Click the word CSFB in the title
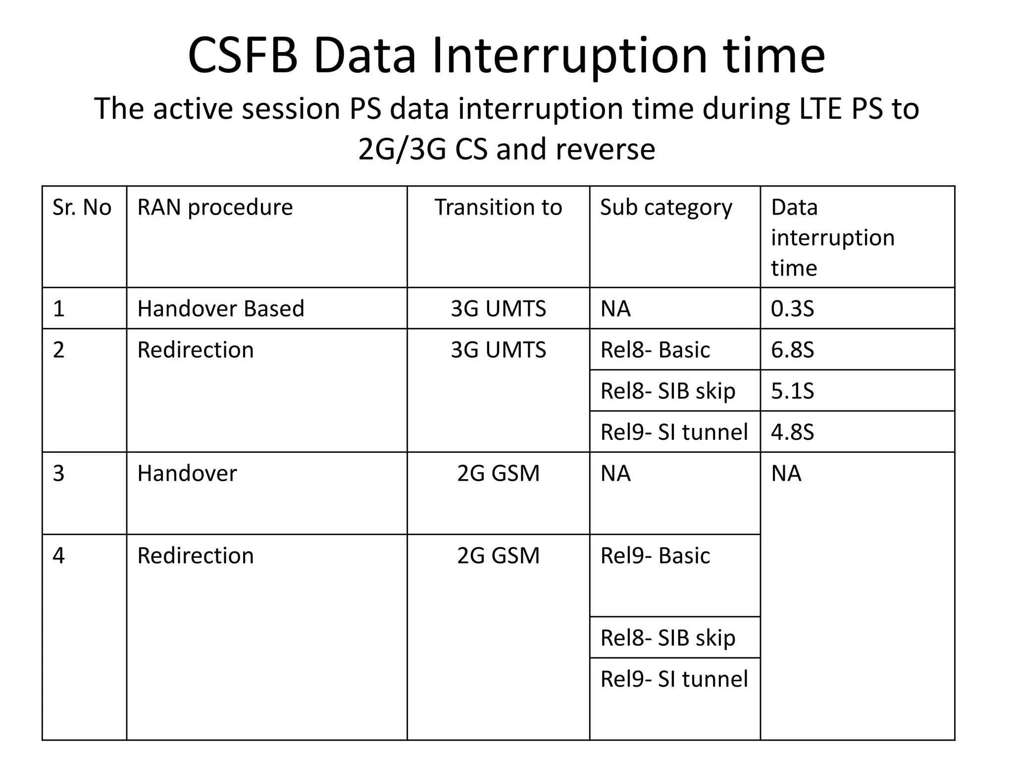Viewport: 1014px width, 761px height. [x=243, y=55]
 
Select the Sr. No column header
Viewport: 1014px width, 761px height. [x=82, y=207]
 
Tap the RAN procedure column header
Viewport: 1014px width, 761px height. [x=215, y=207]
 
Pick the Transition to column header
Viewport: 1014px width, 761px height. [x=498, y=207]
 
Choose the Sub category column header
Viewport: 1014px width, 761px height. [x=666, y=207]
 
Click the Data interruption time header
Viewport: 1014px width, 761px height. [x=832, y=237]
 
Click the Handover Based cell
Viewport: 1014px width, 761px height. [x=221, y=309]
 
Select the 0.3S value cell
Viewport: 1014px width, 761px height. [x=792, y=309]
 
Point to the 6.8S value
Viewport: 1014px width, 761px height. [x=792, y=350]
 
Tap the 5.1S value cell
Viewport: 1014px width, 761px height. [x=792, y=391]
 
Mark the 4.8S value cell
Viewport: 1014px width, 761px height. [x=792, y=432]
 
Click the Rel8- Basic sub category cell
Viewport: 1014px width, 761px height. [x=655, y=350]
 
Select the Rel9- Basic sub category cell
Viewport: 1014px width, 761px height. [x=655, y=555]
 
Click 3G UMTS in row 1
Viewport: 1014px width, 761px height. [x=498, y=309]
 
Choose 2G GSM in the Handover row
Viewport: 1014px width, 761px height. [x=498, y=473]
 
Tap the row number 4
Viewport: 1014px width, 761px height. [x=59, y=555]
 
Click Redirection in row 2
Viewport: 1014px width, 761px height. [x=196, y=350]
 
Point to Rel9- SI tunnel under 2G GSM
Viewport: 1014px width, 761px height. [x=674, y=679]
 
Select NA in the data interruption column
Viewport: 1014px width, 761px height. [x=786, y=473]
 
